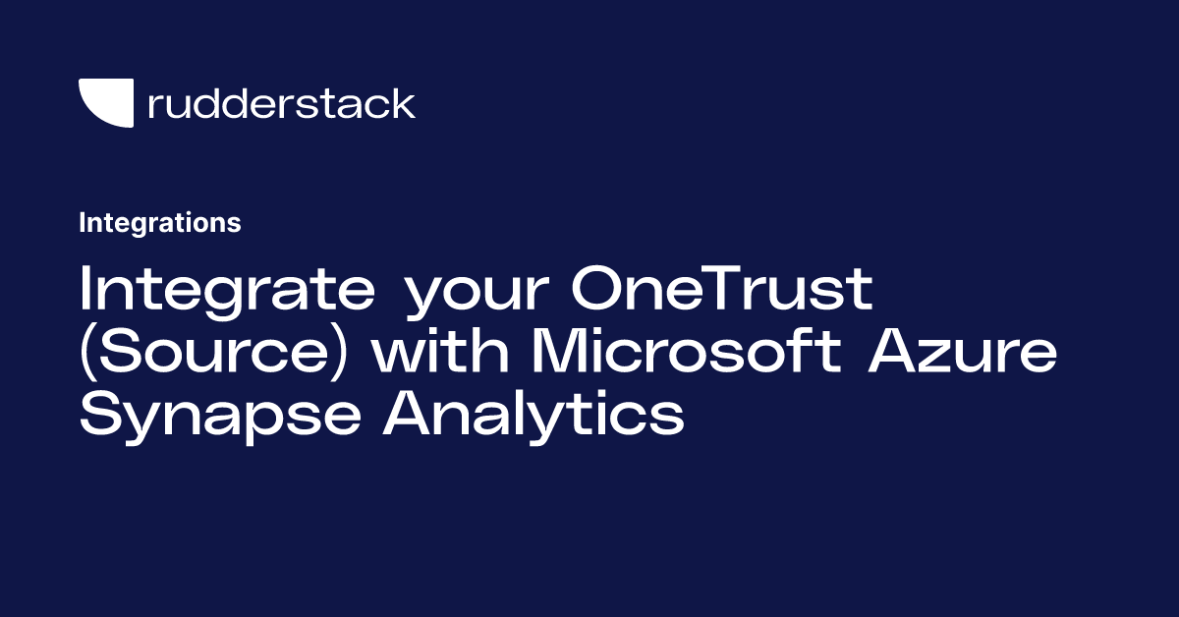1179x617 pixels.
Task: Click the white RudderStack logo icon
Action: point(106,103)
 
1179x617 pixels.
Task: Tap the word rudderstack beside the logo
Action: point(281,103)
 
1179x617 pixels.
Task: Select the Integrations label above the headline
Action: point(160,223)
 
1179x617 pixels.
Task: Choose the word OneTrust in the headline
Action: point(715,291)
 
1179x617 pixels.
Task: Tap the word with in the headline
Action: point(440,352)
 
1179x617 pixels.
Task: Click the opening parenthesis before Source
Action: point(87,354)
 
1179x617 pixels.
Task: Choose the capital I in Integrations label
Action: point(83,223)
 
